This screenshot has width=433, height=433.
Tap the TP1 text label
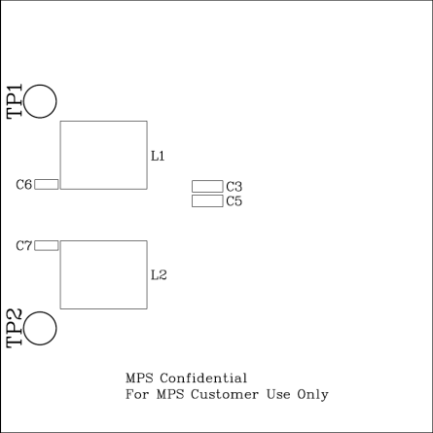(x=15, y=101)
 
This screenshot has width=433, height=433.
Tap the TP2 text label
(x=15, y=328)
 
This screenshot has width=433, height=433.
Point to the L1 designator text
(x=158, y=156)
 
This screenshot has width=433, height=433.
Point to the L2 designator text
(x=159, y=275)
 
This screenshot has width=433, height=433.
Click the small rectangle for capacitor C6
(x=47, y=180)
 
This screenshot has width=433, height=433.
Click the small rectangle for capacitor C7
(x=47, y=241)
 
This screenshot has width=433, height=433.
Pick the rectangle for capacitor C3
(x=207, y=181)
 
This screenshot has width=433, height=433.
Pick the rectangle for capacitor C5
(x=207, y=196)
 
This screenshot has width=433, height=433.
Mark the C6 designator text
(x=24, y=185)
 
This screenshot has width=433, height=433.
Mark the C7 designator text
(x=24, y=246)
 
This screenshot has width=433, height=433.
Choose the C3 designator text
(x=235, y=187)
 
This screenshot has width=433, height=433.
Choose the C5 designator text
(x=235, y=201)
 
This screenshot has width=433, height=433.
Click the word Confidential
(x=203, y=379)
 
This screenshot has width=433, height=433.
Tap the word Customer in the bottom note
(x=225, y=394)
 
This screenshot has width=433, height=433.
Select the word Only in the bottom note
(x=312, y=395)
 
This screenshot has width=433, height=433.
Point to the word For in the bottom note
(x=137, y=394)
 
